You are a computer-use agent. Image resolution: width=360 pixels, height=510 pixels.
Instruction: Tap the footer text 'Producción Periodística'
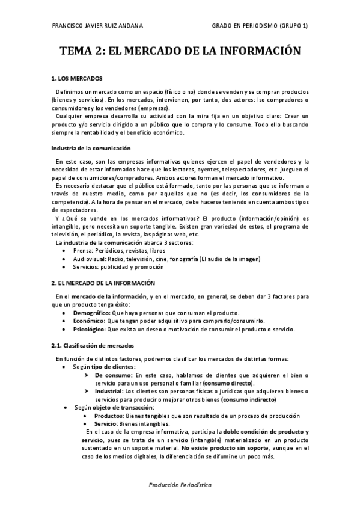pos(179,484)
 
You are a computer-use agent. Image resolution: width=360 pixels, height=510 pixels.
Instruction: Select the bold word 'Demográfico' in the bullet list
pos(91,313)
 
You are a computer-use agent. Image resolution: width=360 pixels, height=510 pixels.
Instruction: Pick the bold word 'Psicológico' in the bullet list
pos(89,330)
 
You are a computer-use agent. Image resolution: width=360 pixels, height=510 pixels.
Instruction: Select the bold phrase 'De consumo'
pos(110,375)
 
